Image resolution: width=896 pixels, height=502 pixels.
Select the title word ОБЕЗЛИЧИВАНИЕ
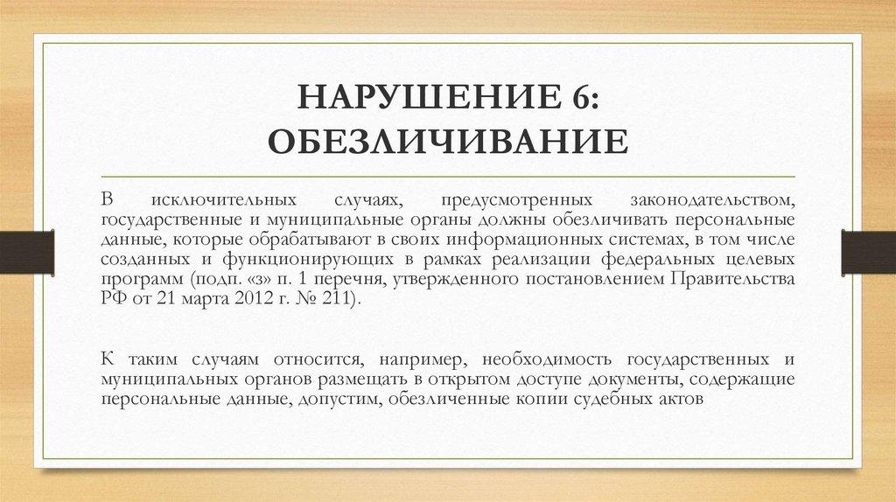tap(448, 139)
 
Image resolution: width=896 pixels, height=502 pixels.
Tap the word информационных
tap(476, 239)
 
